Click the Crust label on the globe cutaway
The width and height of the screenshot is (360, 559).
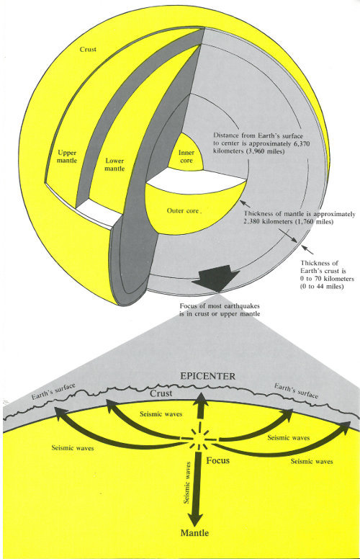(x=89, y=50)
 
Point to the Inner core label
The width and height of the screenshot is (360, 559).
(x=186, y=156)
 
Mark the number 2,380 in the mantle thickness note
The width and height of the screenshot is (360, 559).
(x=258, y=223)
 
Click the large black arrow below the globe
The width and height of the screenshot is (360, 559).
(x=219, y=278)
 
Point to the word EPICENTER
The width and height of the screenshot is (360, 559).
(x=207, y=376)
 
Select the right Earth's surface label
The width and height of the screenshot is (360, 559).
(x=298, y=392)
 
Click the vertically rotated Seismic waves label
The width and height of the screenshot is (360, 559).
(x=189, y=480)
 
